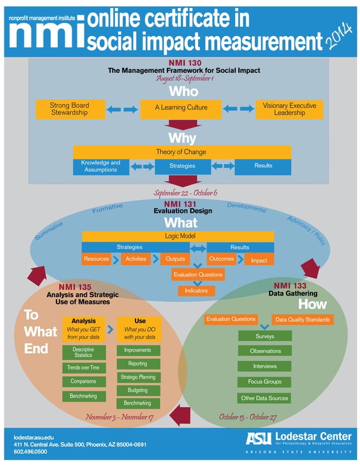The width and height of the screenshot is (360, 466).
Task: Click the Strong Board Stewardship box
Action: (x=69, y=109)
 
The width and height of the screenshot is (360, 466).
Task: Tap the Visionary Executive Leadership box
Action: (x=289, y=109)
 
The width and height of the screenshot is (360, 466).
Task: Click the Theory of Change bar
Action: (x=182, y=152)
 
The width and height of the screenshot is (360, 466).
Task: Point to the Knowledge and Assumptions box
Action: (x=100, y=166)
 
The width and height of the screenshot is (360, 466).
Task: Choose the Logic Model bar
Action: (x=178, y=236)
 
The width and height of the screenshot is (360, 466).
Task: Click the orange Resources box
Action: (x=96, y=260)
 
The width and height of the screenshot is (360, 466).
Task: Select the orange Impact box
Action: (x=259, y=260)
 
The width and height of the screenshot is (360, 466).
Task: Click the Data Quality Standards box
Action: (x=302, y=319)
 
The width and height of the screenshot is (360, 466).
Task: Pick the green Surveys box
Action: (x=265, y=336)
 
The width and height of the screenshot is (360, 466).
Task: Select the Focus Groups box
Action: (x=265, y=382)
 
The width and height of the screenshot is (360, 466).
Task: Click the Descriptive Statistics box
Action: (x=83, y=353)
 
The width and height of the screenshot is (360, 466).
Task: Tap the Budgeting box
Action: (x=138, y=390)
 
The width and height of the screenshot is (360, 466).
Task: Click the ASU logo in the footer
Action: (x=259, y=437)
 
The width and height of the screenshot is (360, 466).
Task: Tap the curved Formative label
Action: (x=107, y=209)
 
